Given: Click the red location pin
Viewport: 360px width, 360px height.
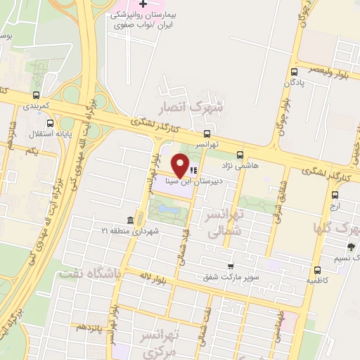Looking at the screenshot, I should (181, 166).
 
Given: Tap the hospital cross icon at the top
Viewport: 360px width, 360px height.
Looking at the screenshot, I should (143, 4).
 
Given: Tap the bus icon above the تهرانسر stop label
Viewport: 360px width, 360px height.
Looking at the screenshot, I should (207, 133).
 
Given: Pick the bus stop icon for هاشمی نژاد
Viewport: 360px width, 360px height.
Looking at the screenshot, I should (240, 155).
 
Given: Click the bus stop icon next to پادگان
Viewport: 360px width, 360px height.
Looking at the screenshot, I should (295, 72).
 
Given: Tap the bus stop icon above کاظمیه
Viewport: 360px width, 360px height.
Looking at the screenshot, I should (317, 269).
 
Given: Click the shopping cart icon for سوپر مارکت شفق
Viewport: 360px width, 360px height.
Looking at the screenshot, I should (230, 266).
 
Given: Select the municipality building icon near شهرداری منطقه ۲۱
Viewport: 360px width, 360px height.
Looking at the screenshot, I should (131, 220).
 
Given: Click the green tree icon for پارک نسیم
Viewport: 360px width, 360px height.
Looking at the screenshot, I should (351, 247).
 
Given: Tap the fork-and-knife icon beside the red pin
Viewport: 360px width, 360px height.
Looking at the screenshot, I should (194, 169).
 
